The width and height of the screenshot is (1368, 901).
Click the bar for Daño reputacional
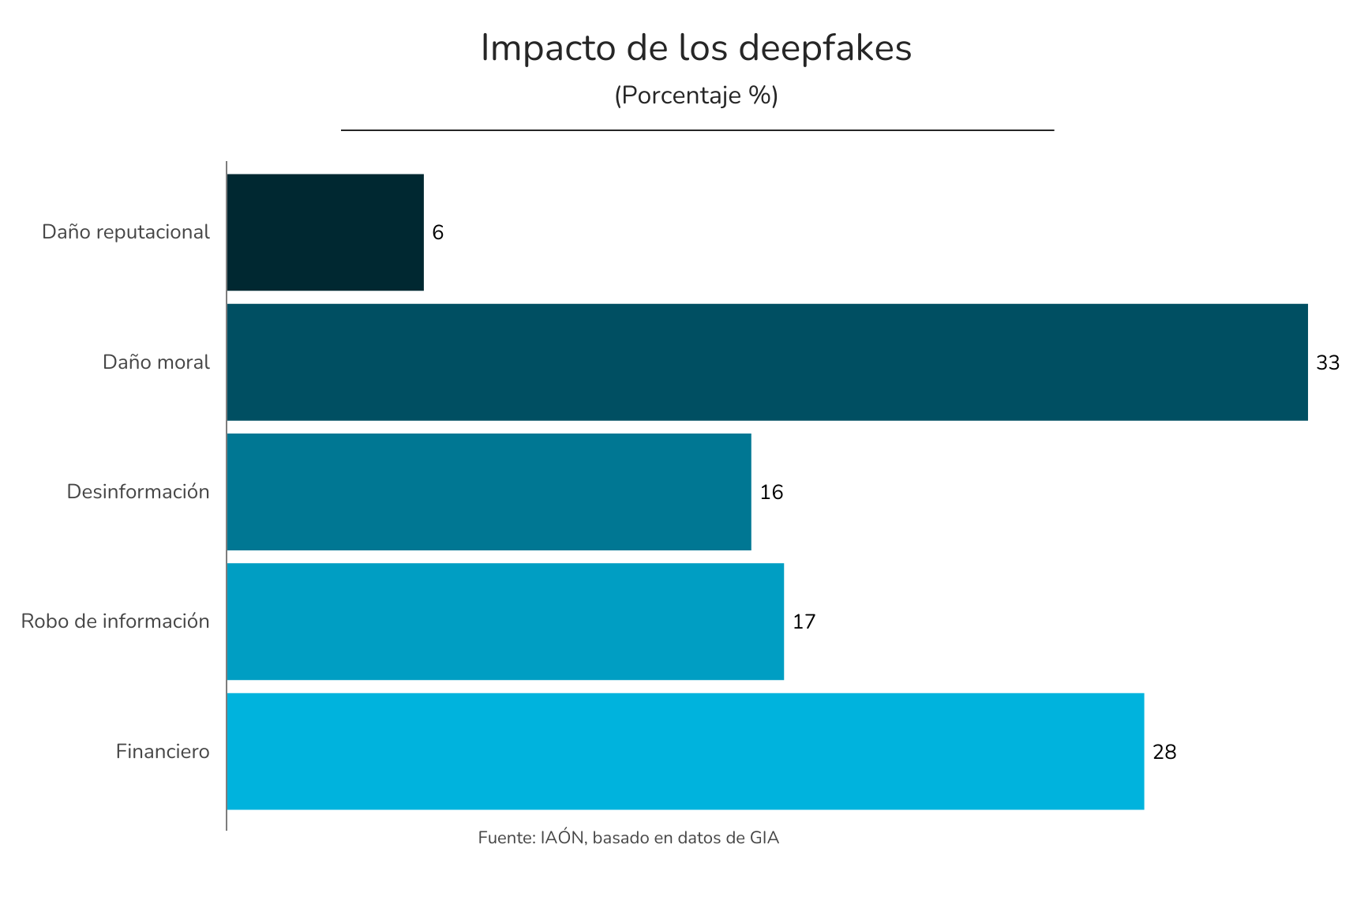325,232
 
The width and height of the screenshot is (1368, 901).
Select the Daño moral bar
766,362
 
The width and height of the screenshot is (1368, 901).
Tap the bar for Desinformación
489,492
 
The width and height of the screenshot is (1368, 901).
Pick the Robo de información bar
505,621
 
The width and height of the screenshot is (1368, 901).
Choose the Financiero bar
685,751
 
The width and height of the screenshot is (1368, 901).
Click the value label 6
438,233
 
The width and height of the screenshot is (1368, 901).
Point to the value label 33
1328,363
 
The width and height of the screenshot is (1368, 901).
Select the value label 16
771,493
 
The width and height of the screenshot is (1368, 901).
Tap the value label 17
804,622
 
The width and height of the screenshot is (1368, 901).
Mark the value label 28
1164,753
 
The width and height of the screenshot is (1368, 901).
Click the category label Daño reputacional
126,232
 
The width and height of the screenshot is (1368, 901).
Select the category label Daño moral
156,362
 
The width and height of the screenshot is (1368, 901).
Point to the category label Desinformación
138,492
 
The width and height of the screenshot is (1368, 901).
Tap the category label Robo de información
115,621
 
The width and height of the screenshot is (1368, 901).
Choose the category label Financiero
163,751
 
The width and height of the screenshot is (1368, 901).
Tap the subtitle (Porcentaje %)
696,96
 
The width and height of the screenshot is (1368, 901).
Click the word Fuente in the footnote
506,838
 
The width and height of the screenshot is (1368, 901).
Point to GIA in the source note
763,838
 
